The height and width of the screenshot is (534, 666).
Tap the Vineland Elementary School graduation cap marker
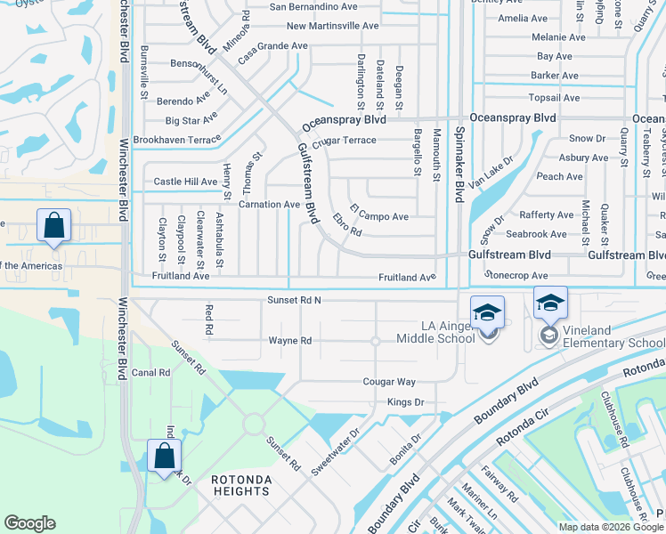(550, 305)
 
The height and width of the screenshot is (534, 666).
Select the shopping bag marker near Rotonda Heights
(164, 457)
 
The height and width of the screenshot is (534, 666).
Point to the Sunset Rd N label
(293, 301)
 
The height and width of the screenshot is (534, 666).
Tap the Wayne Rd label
(290, 341)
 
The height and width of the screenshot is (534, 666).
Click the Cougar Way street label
(389, 382)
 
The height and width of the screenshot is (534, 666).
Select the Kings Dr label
(405, 402)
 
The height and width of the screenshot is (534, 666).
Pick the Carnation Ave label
(266, 205)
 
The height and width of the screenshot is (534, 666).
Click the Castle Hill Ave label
(185, 182)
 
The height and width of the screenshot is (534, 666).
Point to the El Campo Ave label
(378, 216)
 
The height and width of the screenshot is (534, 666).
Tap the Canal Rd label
(150, 373)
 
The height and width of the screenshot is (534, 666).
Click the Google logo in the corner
(29, 523)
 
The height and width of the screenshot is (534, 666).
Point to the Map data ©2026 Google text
(610, 527)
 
